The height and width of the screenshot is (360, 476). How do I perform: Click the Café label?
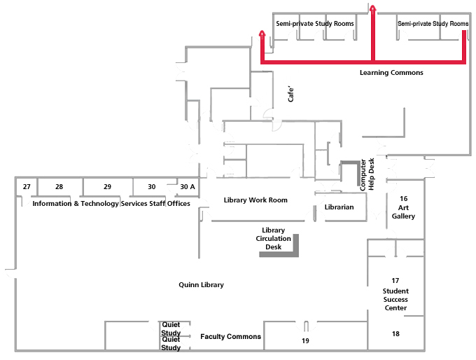[291, 95]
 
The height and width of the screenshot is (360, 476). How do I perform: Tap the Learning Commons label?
[391, 72]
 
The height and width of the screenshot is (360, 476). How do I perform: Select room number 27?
[27, 187]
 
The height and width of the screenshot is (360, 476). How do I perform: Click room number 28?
[59, 187]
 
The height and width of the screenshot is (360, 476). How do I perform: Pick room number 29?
[107, 187]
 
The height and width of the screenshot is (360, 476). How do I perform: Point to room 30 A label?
[187, 187]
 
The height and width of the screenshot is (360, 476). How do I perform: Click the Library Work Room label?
[255, 200]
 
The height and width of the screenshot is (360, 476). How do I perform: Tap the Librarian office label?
[339, 207]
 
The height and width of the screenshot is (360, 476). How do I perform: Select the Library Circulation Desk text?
[273, 238]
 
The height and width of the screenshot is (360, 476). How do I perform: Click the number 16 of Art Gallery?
[404, 199]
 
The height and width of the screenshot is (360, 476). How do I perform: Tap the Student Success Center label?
[395, 299]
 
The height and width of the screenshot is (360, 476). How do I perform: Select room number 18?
[396, 334]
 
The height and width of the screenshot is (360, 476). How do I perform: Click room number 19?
[305, 340]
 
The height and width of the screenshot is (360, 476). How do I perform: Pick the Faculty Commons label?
[230, 337]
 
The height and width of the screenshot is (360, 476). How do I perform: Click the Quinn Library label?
[201, 285]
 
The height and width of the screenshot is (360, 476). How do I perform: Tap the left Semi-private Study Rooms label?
[314, 24]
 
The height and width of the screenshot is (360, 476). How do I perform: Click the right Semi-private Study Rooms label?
[433, 24]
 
